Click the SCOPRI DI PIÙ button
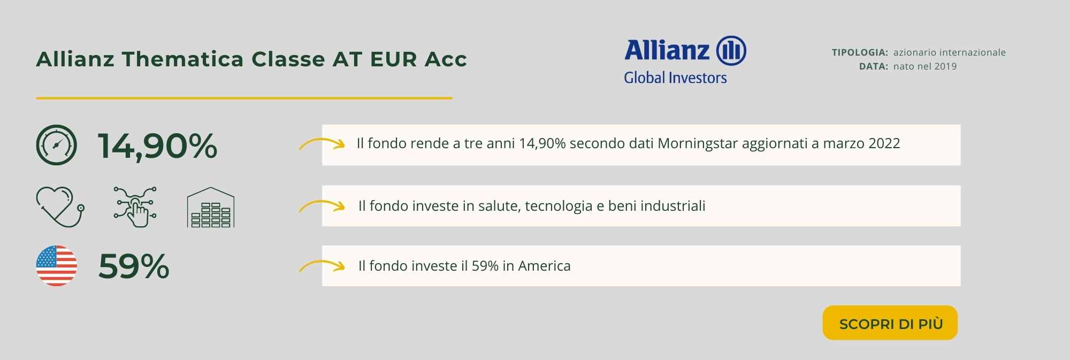890,323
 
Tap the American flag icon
57,266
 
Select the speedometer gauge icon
57,145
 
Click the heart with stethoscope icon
60,206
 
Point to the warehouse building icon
211,207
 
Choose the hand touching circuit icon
135,206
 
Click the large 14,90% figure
158,146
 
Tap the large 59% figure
134,266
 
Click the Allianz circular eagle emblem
731,51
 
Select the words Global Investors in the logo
675,78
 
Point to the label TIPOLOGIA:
860,52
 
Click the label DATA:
874,66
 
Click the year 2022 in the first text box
884,143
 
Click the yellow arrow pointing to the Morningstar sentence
322,143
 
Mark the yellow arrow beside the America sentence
322,265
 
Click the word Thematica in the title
182,59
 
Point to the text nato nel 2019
925,66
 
